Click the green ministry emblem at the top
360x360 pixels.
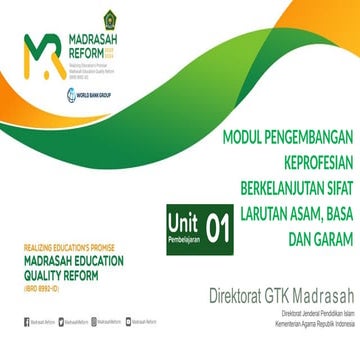click(x=109, y=18)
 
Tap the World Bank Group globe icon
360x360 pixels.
click(x=71, y=95)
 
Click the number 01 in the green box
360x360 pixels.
click(x=218, y=231)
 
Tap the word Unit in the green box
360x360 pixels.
click(x=185, y=225)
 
